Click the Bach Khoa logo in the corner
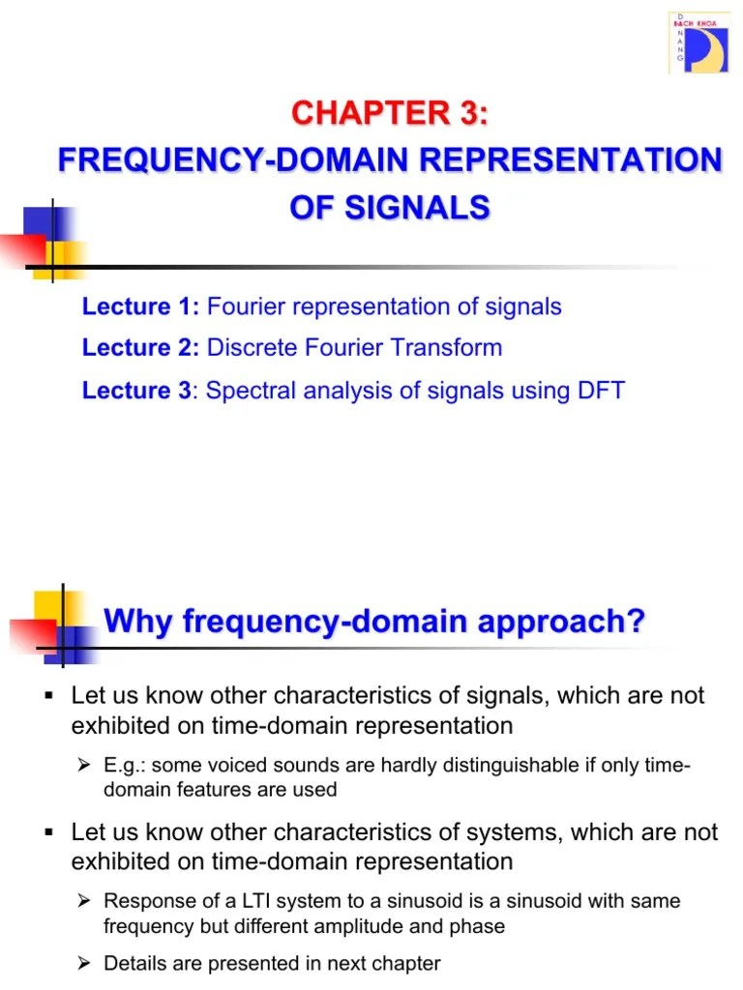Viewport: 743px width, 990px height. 698,43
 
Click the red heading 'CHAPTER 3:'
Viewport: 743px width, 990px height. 390,113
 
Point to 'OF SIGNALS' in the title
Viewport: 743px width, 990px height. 390,207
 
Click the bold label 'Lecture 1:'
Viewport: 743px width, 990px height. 141,306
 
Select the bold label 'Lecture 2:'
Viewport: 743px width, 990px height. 141,348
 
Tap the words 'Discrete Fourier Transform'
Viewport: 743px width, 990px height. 355,348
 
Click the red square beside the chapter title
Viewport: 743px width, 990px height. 23,247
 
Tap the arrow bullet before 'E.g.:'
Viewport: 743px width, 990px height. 83,767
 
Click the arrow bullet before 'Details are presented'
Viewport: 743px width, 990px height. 83,964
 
